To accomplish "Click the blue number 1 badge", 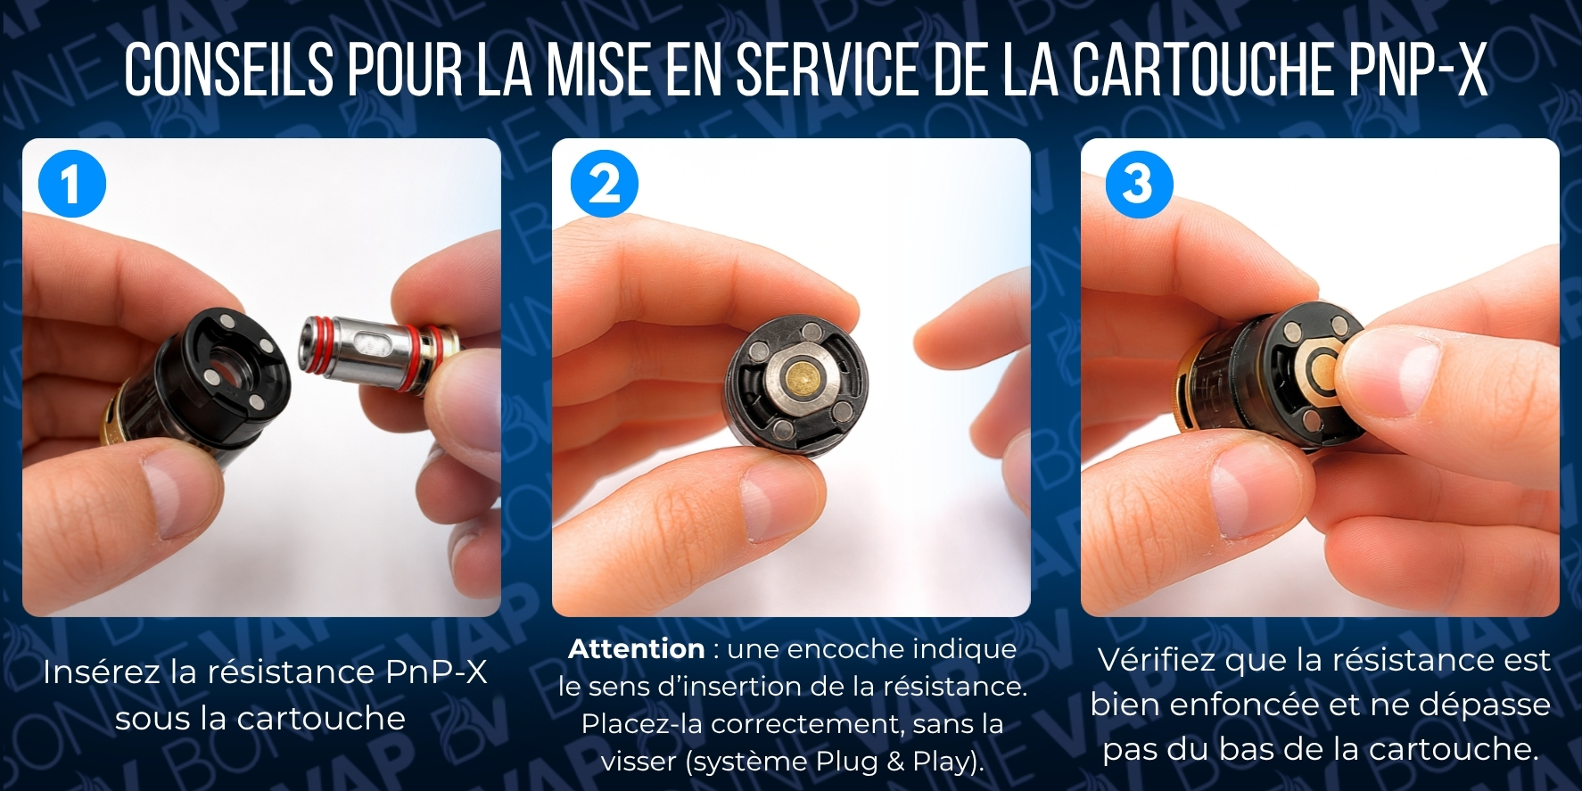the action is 72,185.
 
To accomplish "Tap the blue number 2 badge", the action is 605,185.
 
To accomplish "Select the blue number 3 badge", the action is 1139,185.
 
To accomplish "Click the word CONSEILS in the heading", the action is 229,70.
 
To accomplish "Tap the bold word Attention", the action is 636,648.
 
